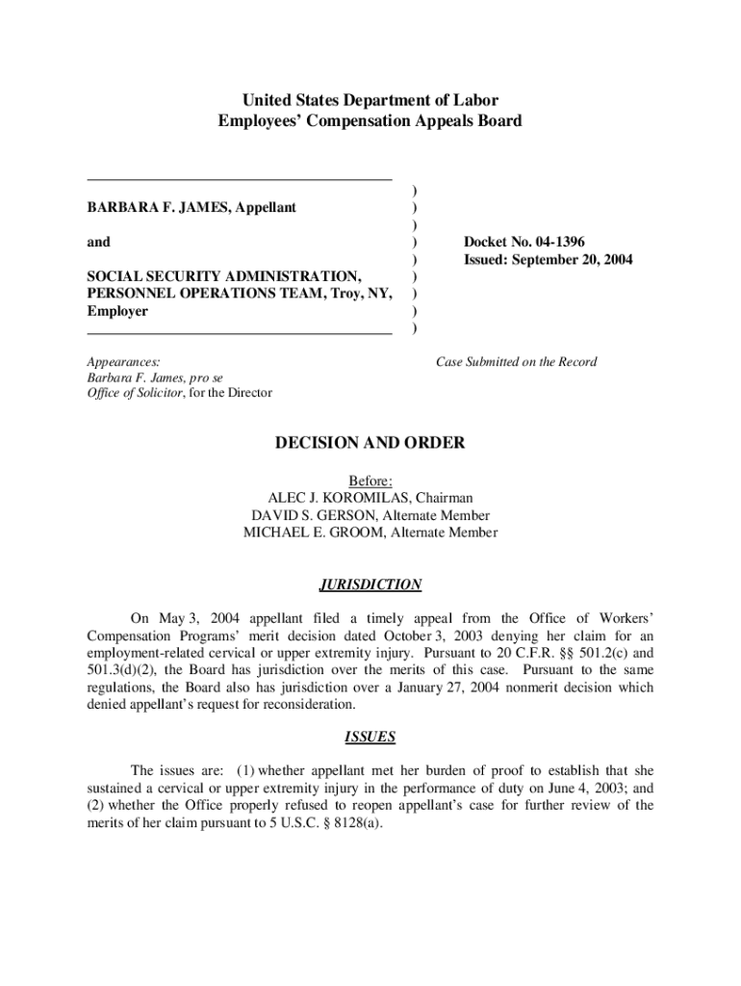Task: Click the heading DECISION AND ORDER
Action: [370, 443]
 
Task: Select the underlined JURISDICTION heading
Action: [370, 584]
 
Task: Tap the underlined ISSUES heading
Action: [370, 738]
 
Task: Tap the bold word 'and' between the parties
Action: [98, 242]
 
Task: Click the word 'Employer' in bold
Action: [117, 311]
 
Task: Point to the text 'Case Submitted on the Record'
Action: [516, 362]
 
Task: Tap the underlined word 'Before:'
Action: [370, 480]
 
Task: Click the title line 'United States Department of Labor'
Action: [370, 100]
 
